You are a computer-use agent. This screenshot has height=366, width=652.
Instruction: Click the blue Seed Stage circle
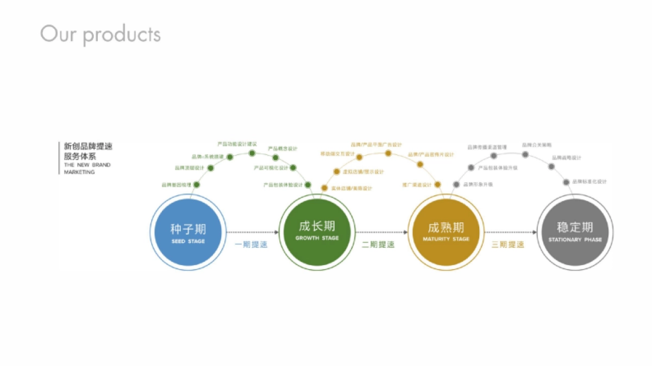188,232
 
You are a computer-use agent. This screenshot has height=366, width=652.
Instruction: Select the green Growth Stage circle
317,232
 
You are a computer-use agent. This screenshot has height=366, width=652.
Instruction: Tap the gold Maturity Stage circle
446,232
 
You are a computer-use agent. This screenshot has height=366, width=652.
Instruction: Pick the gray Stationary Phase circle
575,232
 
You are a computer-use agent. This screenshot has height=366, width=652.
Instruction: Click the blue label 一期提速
251,245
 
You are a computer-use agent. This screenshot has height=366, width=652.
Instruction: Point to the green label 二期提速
379,245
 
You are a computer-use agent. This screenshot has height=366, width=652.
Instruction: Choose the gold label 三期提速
508,245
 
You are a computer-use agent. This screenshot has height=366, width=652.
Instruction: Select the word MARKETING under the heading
79,172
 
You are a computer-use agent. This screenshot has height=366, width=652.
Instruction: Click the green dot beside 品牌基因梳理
197,185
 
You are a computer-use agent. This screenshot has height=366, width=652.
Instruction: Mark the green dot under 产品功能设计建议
252,153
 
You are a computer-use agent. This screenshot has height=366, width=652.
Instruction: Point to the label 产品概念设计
283,149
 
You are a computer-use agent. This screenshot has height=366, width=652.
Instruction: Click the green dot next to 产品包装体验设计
308,185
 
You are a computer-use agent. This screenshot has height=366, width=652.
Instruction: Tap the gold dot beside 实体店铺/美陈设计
324,188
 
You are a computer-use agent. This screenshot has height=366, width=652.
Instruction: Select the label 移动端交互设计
337,155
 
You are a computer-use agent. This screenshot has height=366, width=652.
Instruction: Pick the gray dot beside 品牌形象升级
456,184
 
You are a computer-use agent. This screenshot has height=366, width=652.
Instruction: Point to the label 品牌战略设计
567,158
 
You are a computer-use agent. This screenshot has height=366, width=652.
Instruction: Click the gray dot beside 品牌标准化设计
566,182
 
